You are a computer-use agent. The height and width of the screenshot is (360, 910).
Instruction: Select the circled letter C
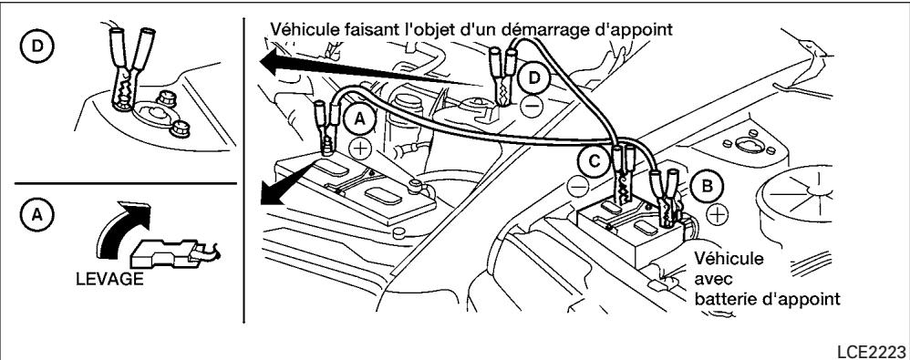point(594,162)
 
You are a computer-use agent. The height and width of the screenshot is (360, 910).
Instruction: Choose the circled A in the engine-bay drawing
point(359,118)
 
